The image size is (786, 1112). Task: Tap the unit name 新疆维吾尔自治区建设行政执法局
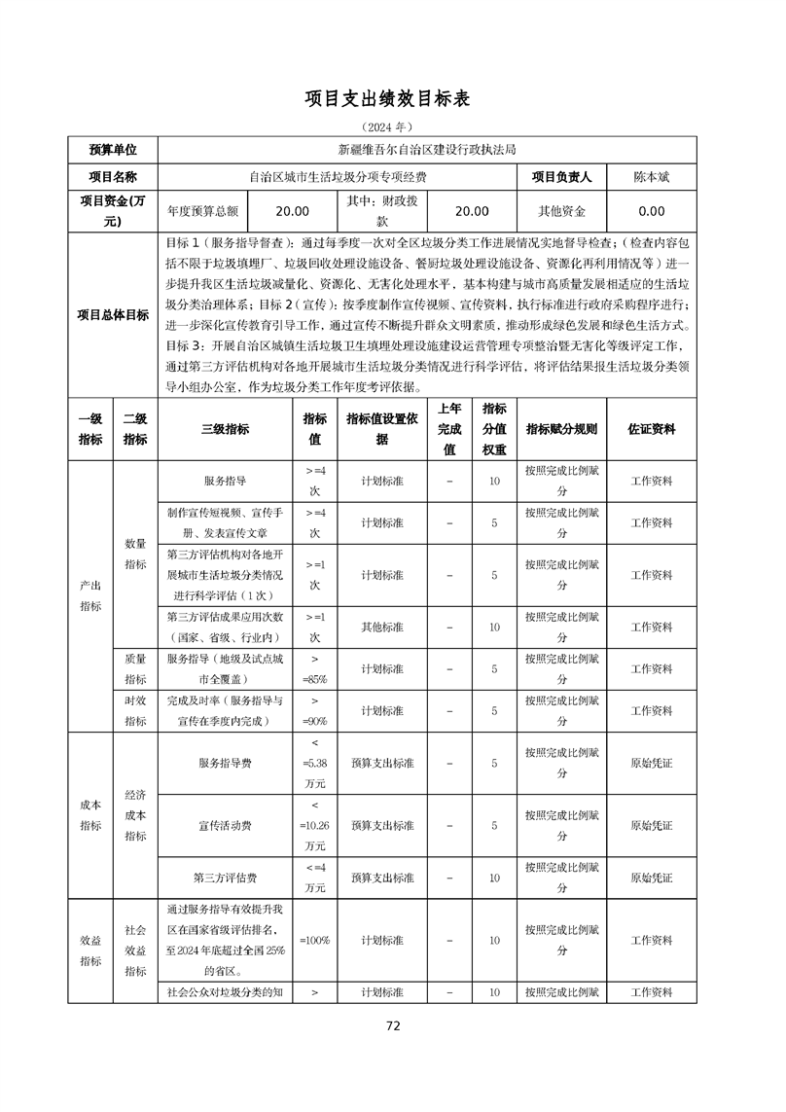pos(426,150)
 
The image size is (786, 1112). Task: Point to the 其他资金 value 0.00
pos(651,211)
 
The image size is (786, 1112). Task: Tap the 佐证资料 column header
pos(651,429)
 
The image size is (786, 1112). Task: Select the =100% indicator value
pos(314,941)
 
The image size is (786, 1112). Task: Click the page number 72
pos(393,1025)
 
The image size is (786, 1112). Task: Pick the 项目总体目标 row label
pos(113,315)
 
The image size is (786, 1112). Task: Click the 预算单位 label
pos(113,150)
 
